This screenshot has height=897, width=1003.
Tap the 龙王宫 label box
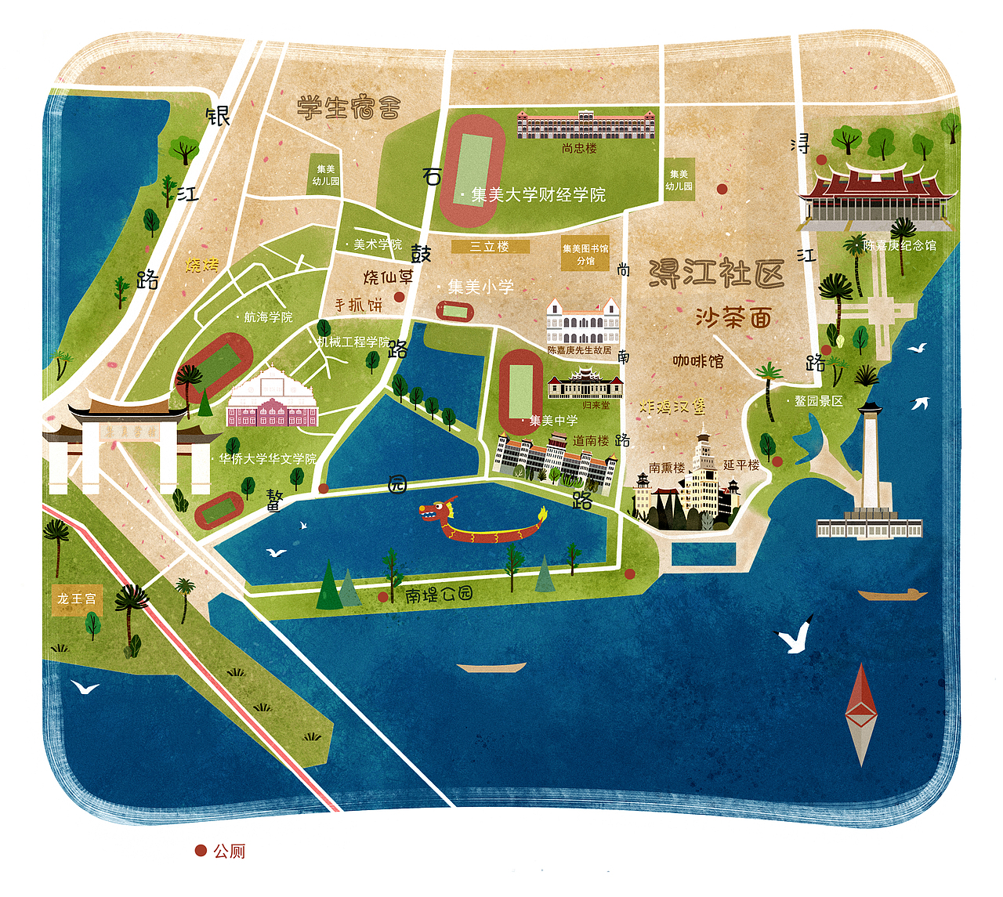77,599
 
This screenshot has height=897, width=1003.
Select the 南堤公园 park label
439,595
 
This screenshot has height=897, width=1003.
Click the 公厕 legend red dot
201,851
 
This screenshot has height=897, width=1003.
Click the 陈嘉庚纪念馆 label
900,245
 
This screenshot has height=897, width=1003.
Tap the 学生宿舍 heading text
349,107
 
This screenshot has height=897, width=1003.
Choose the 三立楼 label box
490,247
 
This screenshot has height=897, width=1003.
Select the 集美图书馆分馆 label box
585,254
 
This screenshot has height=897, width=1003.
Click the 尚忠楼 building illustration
585,125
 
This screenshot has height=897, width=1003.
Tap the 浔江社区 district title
716,273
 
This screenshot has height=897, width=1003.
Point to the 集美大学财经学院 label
538,195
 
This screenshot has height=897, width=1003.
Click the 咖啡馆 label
697,361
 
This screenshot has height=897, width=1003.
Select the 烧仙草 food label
388,277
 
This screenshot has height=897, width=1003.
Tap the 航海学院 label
268,317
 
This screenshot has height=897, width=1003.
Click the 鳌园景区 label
818,401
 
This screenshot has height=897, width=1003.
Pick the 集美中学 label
553,421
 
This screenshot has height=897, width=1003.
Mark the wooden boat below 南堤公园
491,668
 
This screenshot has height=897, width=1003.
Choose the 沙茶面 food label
733,317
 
